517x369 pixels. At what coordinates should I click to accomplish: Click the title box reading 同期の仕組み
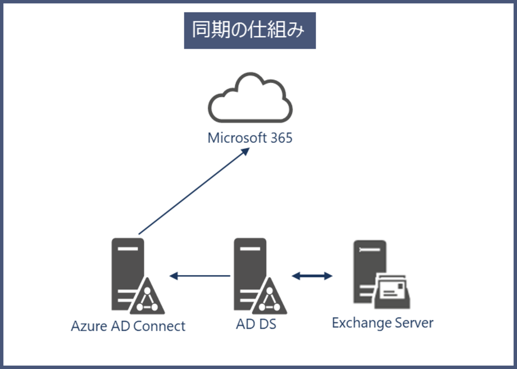[x=250, y=31]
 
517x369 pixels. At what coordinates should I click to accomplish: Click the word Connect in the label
[x=159, y=326]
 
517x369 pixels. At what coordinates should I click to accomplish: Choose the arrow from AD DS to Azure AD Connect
[x=200, y=276]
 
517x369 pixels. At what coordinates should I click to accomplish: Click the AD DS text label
[x=256, y=324]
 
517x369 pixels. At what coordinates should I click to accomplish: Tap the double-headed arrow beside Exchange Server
[x=312, y=276]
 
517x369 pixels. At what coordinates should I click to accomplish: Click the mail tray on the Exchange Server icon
[x=393, y=293]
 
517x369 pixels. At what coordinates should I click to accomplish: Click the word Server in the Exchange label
[x=414, y=323]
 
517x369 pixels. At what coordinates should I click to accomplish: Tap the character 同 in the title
[x=201, y=30]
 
